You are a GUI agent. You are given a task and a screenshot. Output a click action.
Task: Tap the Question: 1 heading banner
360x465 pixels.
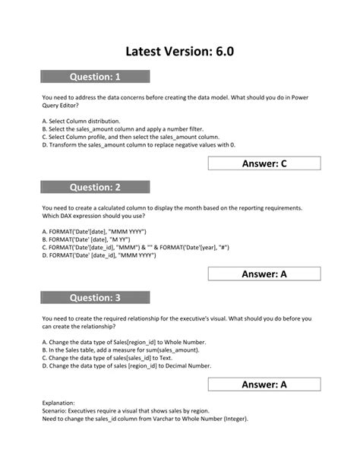95,77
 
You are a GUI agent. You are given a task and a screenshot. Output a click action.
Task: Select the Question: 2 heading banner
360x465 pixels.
95,187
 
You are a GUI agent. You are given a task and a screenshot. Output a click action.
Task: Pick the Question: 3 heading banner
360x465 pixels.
95,298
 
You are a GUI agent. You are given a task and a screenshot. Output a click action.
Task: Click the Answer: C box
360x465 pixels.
264,163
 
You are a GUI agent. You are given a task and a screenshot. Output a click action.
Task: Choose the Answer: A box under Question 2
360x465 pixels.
264,274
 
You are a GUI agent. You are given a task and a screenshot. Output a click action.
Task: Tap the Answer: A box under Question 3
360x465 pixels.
264,384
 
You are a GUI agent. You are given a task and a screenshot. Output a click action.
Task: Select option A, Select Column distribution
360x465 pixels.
81,121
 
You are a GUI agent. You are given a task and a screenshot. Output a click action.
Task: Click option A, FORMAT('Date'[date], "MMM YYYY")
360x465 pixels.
94,231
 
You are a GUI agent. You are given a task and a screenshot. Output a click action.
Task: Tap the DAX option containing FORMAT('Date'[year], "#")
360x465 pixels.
137,247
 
